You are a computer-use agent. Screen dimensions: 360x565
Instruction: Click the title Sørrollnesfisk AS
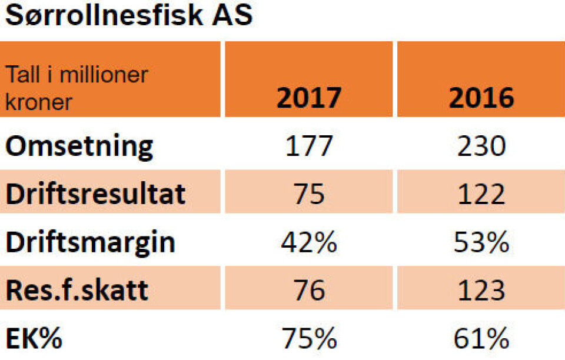point(128,16)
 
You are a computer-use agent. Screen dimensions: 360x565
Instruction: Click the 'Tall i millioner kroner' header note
point(77,88)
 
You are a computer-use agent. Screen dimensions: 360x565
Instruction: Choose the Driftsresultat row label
point(96,194)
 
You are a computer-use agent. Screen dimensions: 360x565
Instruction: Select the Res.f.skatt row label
point(77,291)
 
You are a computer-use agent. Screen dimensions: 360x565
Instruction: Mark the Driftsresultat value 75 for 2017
point(308,194)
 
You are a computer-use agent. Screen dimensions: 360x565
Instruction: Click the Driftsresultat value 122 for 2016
point(481,194)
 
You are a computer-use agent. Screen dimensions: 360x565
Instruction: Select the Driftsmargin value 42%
point(308,242)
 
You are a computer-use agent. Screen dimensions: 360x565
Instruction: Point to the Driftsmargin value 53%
point(481,242)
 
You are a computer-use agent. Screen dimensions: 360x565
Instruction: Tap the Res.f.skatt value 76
point(308,291)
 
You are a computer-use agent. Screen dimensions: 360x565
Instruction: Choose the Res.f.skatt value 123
point(481,291)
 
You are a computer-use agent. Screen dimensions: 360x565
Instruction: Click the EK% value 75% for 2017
point(308,339)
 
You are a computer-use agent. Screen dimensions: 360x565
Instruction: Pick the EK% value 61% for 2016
point(481,339)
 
